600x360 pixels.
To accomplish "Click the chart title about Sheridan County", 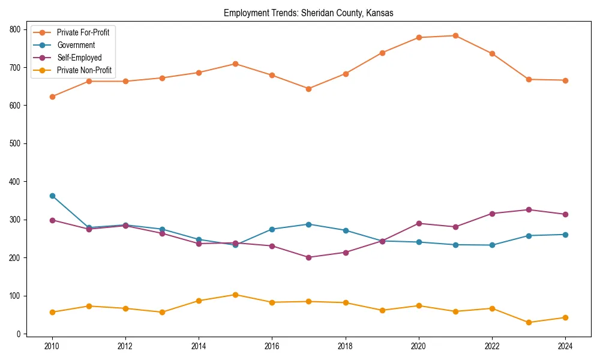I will (308, 13).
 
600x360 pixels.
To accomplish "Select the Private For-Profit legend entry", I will (83, 32).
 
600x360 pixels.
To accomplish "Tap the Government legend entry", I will (76, 45).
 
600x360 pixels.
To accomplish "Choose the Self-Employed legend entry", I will (79, 58).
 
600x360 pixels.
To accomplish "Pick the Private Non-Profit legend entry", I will (84, 70).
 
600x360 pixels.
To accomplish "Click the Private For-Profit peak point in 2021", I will (455, 35).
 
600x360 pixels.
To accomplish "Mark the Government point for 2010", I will (52, 196).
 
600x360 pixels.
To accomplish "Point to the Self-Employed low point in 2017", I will (308, 257).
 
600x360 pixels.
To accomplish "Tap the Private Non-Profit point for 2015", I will (235, 295).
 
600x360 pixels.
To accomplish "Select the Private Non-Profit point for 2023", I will (529, 322).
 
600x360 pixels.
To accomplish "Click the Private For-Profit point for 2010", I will (52, 97).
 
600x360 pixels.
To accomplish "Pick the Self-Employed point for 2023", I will (529, 209).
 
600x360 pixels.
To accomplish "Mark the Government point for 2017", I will (308, 224).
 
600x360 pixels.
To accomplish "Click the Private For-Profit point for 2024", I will (565, 80).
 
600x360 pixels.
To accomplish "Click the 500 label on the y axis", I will (16, 143).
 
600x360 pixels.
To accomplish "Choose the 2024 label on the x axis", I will (565, 346).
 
